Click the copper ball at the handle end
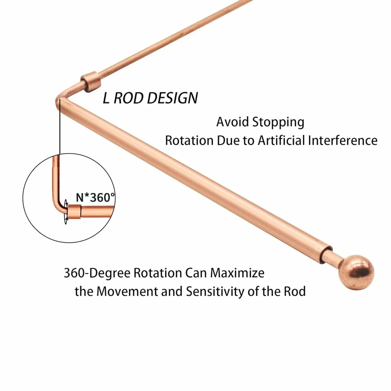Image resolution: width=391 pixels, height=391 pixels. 356,273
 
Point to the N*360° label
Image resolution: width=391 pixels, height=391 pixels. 96,197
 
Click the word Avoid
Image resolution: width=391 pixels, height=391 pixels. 233,122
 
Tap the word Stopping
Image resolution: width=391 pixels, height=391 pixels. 278,123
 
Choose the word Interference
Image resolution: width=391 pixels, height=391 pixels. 343,140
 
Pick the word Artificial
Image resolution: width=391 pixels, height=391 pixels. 281,140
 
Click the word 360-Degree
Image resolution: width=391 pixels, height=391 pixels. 97,273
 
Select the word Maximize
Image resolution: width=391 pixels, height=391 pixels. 237,273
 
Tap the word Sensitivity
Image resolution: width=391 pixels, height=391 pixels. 215,292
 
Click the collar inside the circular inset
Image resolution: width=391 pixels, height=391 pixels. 75,212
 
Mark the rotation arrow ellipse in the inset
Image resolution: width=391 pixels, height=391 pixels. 66,212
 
